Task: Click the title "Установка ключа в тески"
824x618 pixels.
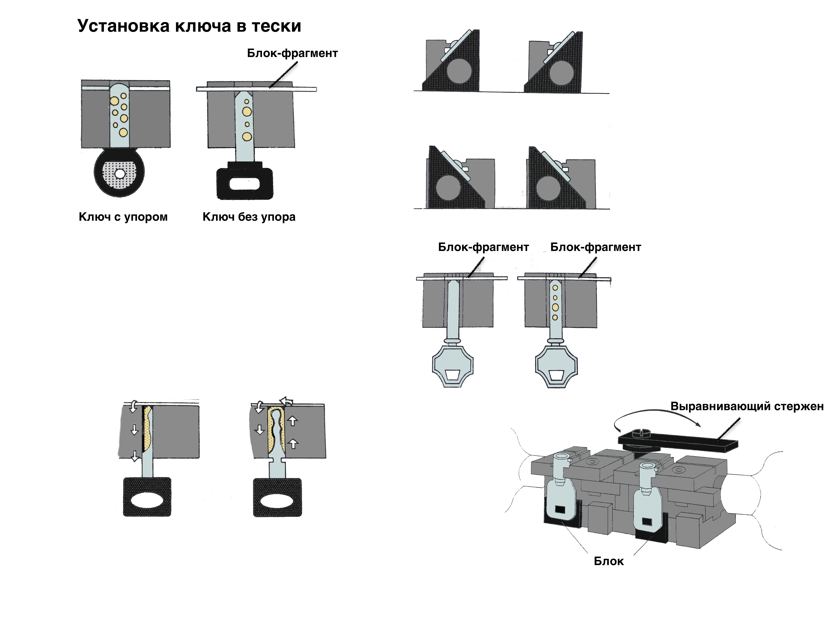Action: pos(189,26)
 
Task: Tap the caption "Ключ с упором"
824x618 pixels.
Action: pos(123,217)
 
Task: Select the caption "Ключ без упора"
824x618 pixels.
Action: pos(249,217)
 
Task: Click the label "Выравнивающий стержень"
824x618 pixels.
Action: pos(747,406)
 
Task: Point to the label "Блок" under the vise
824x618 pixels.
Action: pos(608,561)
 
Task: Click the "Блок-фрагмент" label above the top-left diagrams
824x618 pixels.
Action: pos(292,53)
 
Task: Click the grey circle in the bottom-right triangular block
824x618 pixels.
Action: pos(548,188)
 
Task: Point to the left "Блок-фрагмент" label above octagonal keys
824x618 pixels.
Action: pos(483,247)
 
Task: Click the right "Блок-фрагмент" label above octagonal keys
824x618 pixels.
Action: pos(595,247)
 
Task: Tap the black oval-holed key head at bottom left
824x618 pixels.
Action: pos(147,497)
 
